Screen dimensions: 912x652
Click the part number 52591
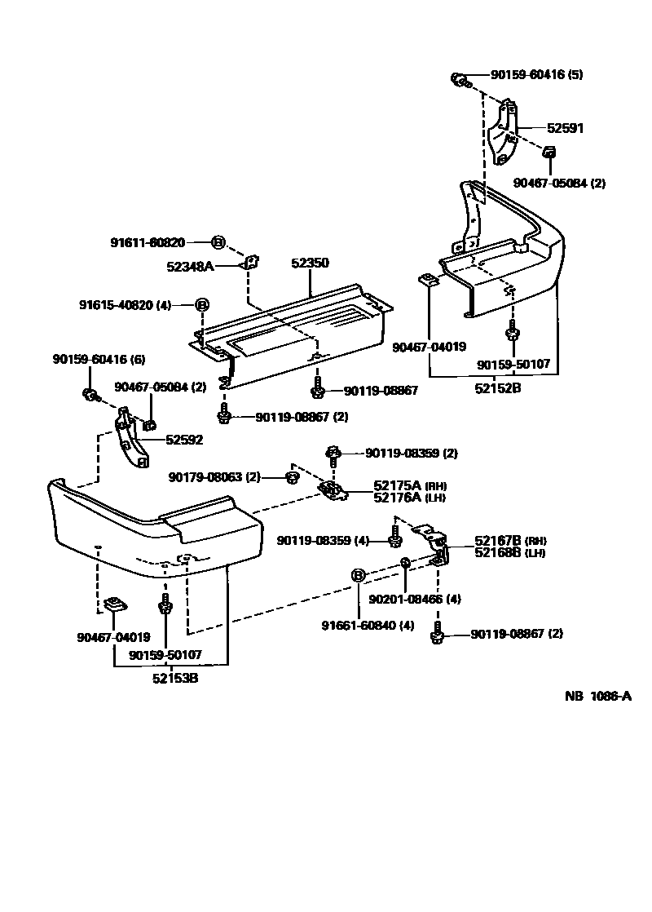coord(565,128)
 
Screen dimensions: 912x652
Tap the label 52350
coord(310,263)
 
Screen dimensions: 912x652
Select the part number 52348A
coord(190,266)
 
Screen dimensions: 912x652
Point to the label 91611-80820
coord(148,242)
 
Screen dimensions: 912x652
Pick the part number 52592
coord(184,440)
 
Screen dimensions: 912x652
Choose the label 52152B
coord(498,388)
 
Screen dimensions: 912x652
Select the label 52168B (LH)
coord(510,552)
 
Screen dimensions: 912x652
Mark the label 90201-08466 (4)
coord(415,599)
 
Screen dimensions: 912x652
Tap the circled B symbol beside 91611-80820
coord(218,241)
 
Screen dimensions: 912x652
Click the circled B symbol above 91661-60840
coord(357,576)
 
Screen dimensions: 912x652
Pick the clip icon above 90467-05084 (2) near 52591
coord(548,152)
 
